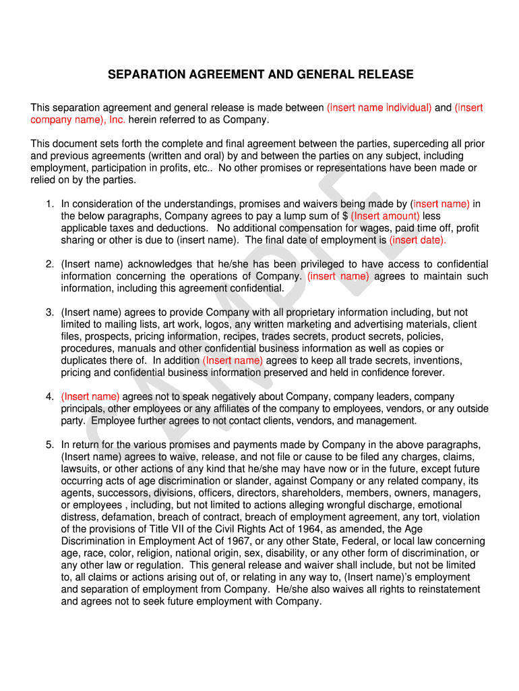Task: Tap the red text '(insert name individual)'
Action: click(379, 108)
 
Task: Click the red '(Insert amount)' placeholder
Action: click(386, 216)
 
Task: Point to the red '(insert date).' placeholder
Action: click(418, 240)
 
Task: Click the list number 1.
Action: click(49, 204)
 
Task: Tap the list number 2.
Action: click(49, 264)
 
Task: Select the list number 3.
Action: click(49, 312)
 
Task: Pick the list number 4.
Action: click(49, 397)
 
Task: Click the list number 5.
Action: click(49, 445)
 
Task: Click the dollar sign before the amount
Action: click(345, 216)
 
